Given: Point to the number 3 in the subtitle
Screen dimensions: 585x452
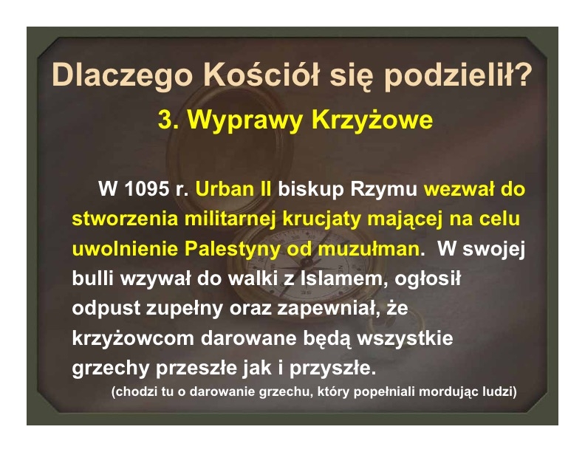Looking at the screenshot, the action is click(165, 120).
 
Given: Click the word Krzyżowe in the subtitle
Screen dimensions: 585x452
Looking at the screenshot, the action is click(372, 121).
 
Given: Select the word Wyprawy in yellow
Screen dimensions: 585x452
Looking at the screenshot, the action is click(244, 121).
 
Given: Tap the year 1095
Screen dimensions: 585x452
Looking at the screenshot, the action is click(146, 189).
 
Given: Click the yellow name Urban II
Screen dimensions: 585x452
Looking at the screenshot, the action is click(233, 189).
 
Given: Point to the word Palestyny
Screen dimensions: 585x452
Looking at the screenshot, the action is click(232, 249).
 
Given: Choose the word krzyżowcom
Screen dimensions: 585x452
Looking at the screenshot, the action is click(133, 338).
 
